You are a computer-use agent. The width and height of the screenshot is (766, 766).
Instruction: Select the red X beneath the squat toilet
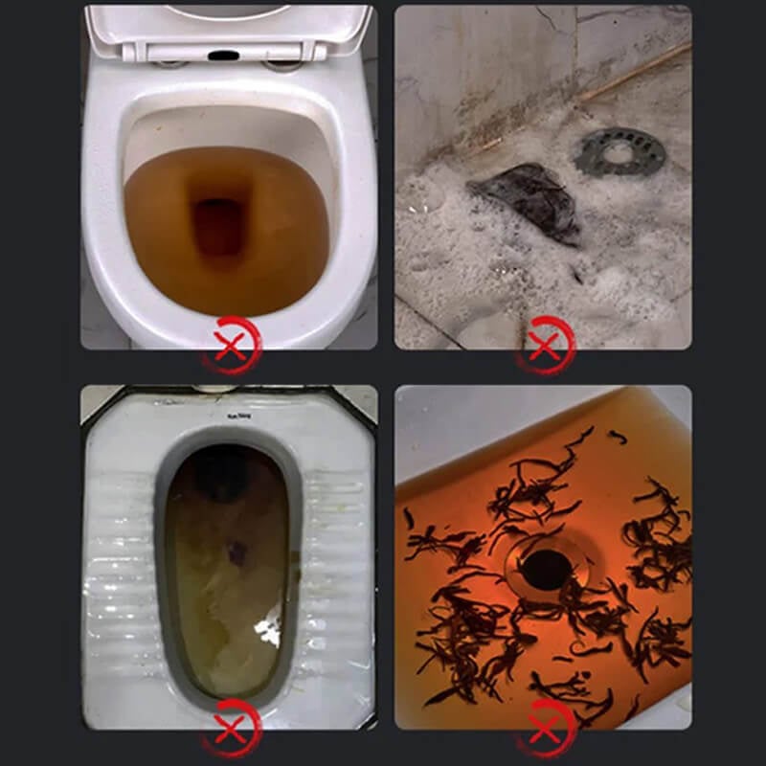(x=232, y=727)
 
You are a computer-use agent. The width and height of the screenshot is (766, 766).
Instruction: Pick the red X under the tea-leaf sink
(x=547, y=727)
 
